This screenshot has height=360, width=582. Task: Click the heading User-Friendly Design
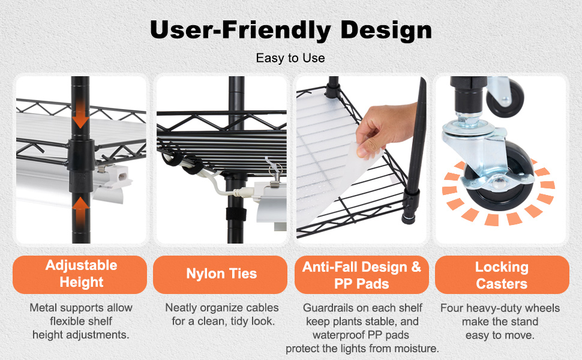(x=291, y=30)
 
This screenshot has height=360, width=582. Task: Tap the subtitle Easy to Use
(x=290, y=58)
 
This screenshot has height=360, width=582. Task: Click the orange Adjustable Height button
(x=80, y=275)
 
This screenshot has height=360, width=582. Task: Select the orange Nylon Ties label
(x=220, y=275)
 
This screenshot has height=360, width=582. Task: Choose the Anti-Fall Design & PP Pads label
(x=362, y=275)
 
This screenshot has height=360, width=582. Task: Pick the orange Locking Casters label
(x=502, y=275)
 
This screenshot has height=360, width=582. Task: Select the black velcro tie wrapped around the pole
(x=236, y=214)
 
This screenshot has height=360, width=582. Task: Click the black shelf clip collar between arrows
(x=80, y=160)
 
